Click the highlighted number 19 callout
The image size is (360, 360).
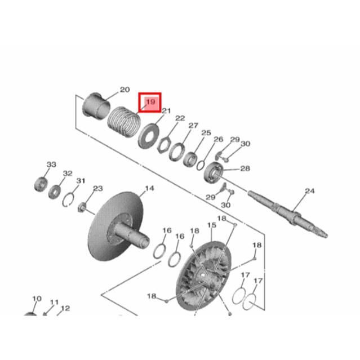(x=150, y=103)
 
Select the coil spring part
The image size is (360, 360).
(x=124, y=122)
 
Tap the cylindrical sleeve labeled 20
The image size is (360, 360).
(x=96, y=105)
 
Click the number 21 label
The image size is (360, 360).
(x=166, y=111)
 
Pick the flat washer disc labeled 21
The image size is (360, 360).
(x=149, y=136)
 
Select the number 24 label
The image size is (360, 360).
(x=310, y=191)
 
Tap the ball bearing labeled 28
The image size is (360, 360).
(x=214, y=172)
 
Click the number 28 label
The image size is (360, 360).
(x=245, y=168)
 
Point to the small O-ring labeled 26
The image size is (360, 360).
(x=201, y=166)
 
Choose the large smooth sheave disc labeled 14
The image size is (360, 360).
(x=115, y=226)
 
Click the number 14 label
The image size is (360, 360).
(x=149, y=189)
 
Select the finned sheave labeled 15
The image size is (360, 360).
(x=203, y=276)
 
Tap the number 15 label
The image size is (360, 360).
(x=212, y=225)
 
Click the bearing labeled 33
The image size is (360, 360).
(x=41, y=184)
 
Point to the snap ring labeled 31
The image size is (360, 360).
(x=68, y=200)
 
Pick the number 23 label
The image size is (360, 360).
(x=98, y=189)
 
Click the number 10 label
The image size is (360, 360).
(x=37, y=299)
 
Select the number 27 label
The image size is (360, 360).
(x=193, y=126)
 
